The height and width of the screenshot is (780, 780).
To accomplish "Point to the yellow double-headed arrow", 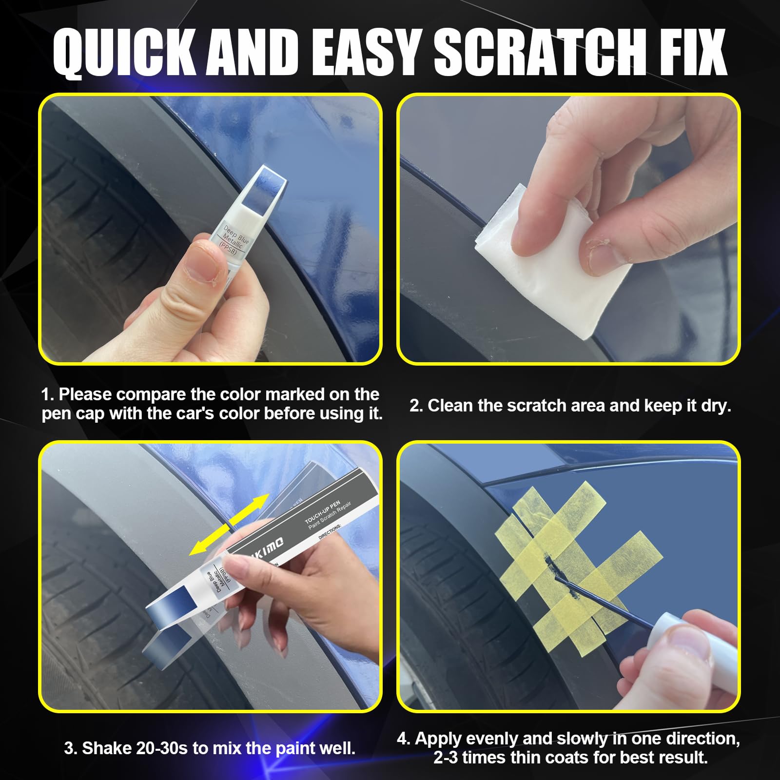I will pyautogui.click(x=229, y=524).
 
